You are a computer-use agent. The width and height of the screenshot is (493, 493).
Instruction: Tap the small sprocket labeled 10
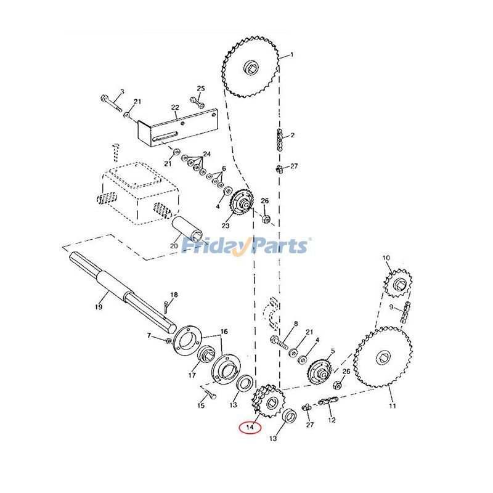pyautogui.click(x=397, y=283)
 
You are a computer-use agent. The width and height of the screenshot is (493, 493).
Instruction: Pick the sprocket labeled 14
pyautogui.click(x=266, y=401)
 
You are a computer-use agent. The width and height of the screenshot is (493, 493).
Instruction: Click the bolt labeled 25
pyautogui.click(x=197, y=102)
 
